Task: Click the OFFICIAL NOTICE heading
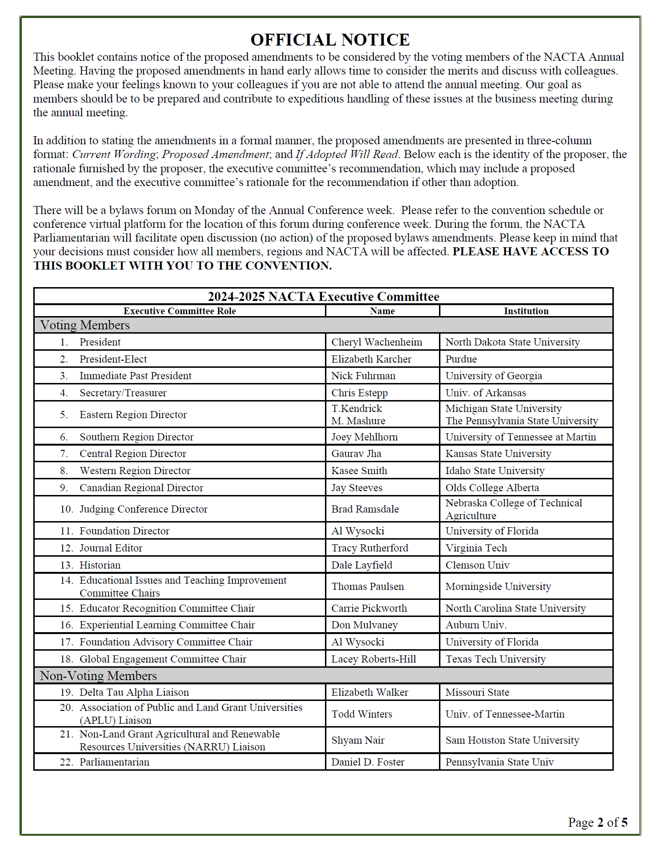coord(330,40)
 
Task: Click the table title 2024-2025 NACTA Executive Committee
coord(323,297)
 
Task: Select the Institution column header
coord(526,311)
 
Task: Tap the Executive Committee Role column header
coord(180,311)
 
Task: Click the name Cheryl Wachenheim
coord(376,342)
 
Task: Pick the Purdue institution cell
coord(461,359)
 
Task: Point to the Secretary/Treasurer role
coord(123,393)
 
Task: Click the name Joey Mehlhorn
coord(364,437)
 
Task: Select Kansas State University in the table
coord(498,454)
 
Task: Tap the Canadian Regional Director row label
coord(141,488)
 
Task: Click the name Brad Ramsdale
coord(365,509)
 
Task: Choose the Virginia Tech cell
coord(476,548)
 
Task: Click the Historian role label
coord(100,565)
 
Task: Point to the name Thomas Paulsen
coord(367,587)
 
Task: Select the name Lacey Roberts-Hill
coord(373,659)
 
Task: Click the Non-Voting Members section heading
coord(98,676)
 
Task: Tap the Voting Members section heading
coord(85,325)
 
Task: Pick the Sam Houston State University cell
coord(512,740)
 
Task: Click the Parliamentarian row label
coord(114,762)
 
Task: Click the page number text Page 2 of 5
coord(597,822)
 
